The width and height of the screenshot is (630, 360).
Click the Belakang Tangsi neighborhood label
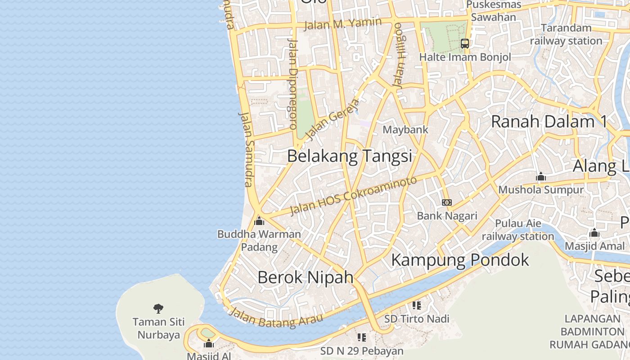pyautogui.click(x=350, y=156)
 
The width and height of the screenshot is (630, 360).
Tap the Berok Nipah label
pyautogui.click(x=306, y=277)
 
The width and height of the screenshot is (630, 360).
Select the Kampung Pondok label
pyautogui.click(x=460, y=260)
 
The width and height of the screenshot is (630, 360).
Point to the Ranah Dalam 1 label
pyautogui.click(x=549, y=121)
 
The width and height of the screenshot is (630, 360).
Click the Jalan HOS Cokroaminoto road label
pyautogui.click(x=354, y=196)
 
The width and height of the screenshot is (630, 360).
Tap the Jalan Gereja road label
pyautogui.click(x=333, y=119)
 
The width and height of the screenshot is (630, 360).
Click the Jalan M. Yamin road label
pyautogui.click(x=343, y=23)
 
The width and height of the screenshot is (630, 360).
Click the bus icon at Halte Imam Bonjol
pyautogui.click(x=465, y=44)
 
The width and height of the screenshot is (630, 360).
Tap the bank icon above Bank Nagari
pyautogui.click(x=447, y=202)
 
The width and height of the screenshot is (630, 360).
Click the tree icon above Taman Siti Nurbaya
pyautogui.click(x=158, y=309)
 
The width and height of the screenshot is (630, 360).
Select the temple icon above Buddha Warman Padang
pyautogui.click(x=259, y=221)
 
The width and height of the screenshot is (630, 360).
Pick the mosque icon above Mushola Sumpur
pyautogui.click(x=541, y=177)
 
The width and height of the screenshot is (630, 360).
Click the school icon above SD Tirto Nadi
pyautogui.click(x=417, y=306)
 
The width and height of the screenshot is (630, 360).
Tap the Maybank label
pyautogui.click(x=405, y=130)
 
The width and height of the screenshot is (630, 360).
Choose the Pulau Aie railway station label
pyautogui.click(x=518, y=230)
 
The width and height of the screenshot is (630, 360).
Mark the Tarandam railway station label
pyautogui.click(x=566, y=34)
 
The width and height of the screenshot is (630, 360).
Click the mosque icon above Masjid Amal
pyautogui.click(x=594, y=233)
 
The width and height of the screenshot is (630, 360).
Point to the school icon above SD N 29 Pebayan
pyautogui.click(x=362, y=337)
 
